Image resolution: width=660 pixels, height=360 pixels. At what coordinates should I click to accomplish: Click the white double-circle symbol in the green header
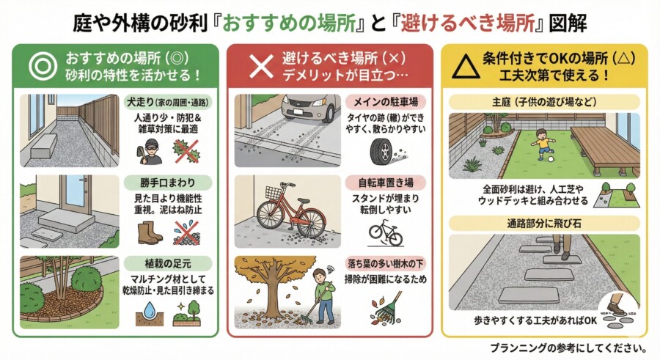43,66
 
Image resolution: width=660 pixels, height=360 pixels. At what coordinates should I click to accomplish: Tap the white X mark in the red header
261,67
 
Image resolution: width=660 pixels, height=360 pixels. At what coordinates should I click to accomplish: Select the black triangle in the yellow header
466,67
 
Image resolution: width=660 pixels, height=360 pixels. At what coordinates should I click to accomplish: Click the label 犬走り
141,102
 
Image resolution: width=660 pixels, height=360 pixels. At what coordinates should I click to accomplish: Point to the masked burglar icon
150,152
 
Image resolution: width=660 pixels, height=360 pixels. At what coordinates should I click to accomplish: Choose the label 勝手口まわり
167,183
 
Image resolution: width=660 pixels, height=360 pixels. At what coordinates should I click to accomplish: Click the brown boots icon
150,233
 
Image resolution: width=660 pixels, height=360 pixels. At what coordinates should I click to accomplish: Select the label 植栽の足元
167,264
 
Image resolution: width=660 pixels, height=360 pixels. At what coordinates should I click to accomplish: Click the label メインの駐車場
386,102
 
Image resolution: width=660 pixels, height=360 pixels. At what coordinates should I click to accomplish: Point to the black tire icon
381,152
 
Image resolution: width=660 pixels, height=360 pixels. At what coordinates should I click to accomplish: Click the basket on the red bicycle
274,192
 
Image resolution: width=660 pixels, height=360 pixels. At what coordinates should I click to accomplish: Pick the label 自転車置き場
386,183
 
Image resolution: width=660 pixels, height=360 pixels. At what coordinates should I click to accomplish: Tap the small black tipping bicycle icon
386,235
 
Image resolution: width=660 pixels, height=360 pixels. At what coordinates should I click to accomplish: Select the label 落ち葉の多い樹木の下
385,264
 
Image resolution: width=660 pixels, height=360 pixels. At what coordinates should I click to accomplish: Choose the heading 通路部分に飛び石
544,223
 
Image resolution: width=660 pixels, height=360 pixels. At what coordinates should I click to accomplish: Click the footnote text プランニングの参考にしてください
568,348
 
